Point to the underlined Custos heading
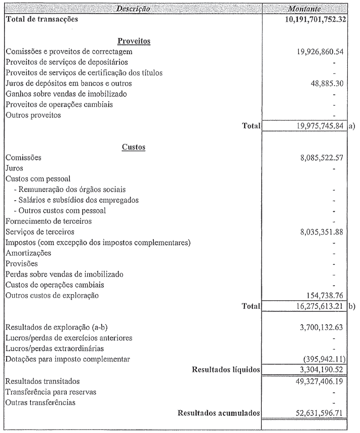134,147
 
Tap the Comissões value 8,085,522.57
321,158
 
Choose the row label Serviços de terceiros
40,232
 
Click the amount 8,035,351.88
321,232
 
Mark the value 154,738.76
324,295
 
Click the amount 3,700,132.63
321,327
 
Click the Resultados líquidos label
226,370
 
